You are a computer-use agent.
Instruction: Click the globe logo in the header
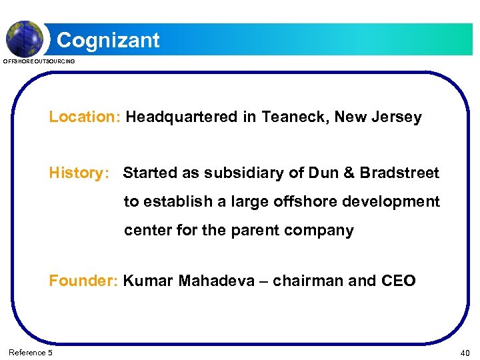(25, 38)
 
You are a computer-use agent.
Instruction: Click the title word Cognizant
(108, 41)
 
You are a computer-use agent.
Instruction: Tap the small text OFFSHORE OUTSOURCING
(39, 61)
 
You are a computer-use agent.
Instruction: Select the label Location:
(83, 117)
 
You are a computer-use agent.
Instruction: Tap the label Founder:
(83, 281)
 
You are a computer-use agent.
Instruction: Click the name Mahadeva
(217, 281)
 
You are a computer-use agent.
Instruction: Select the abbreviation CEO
(398, 281)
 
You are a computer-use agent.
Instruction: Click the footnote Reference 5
(31, 352)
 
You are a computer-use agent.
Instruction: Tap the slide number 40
(465, 352)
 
